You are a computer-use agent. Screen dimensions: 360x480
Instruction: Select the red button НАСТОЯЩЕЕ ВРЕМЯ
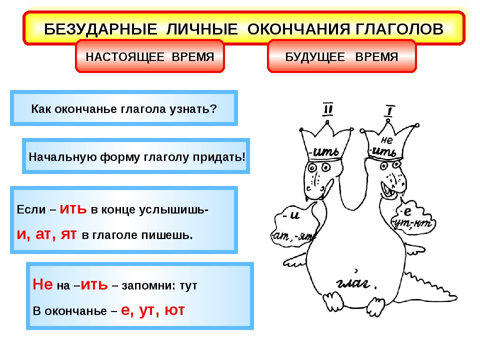coord(149,56)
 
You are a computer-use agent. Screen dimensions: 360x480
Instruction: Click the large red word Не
coord(42,285)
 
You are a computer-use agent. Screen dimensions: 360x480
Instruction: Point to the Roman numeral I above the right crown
coord(388,110)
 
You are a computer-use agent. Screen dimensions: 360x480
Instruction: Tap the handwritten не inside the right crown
coord(386,140)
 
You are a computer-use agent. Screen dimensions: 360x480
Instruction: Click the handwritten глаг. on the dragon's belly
coord(353,284)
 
